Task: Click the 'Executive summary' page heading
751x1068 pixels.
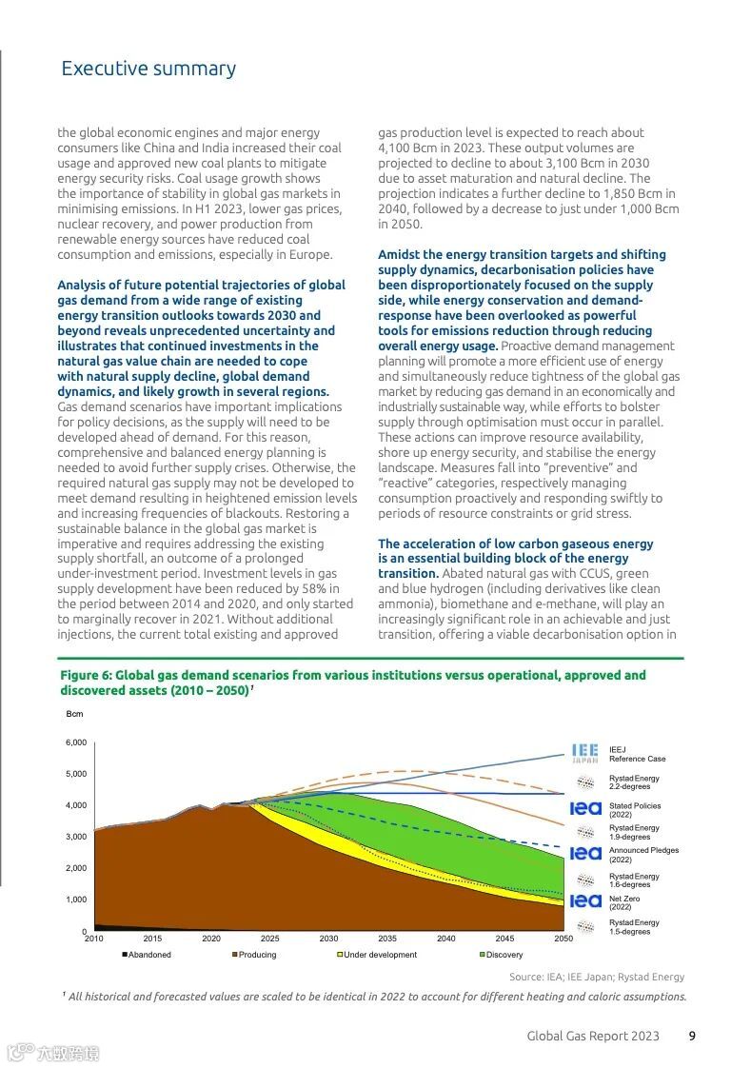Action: point(148,69)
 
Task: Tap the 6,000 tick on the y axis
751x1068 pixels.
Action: point(76,742)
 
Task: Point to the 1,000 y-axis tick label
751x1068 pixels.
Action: point(76,900)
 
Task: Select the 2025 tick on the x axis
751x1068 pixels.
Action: point(270,939)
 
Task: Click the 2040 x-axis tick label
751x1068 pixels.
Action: point(445,939)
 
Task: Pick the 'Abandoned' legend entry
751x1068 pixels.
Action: point(147,955)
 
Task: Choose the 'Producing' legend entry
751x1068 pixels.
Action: point(254,955)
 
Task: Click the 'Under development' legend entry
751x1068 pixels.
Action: point(377,955)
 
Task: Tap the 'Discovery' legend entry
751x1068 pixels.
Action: point(502,955)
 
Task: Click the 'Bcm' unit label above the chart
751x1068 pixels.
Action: point(74,713)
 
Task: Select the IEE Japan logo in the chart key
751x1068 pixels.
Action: point(585,754)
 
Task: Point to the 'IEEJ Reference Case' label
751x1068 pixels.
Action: point(637,754)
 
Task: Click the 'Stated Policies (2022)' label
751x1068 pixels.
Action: point(635,810)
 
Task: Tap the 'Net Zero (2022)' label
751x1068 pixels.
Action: point(624,902)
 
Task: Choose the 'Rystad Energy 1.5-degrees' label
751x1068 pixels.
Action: point(634,926)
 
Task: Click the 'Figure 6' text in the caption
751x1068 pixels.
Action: point(87,675)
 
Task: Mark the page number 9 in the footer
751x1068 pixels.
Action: point(692,1036)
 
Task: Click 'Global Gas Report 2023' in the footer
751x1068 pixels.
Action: point(593,1036)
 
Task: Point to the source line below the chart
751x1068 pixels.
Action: point(597,977)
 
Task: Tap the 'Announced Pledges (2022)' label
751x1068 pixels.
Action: point(643,855)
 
